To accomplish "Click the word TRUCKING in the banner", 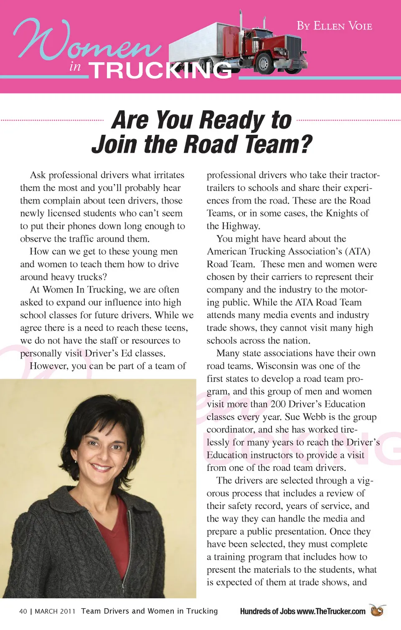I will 160,70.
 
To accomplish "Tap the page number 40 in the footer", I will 23,611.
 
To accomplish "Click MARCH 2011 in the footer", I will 55,611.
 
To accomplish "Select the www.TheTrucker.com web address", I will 331,611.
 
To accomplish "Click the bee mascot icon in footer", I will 378,610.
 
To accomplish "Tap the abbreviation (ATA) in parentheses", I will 358,252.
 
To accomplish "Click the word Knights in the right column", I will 341,213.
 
